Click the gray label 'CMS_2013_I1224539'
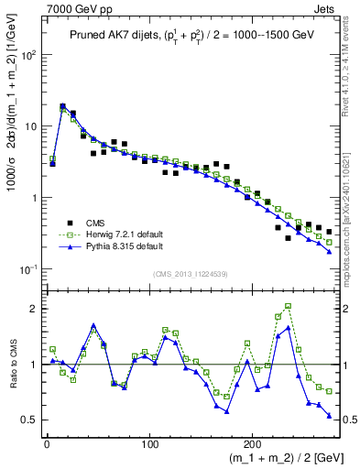197,273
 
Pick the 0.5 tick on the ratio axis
30,420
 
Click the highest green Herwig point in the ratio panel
289,306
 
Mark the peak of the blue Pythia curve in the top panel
62,107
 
